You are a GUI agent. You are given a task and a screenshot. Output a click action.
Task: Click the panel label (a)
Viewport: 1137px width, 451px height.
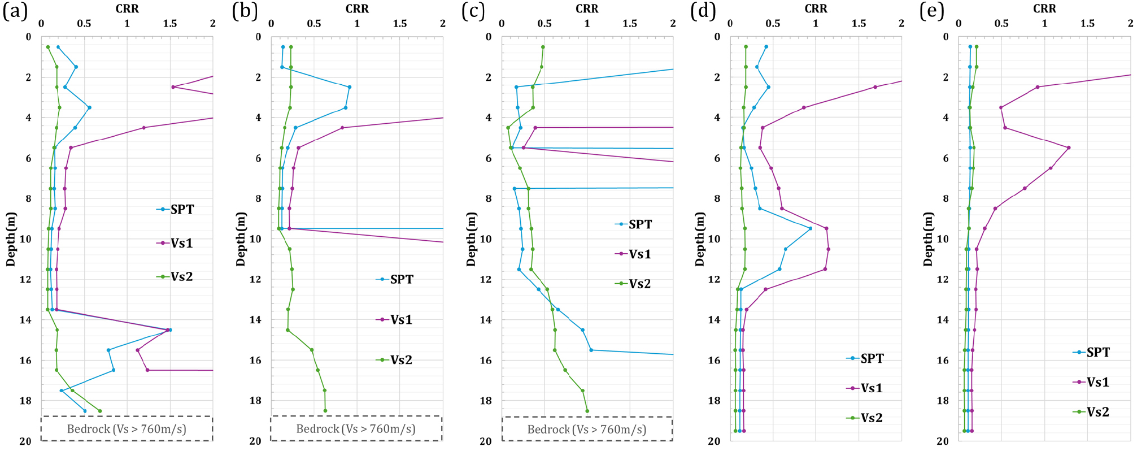tap(15, 11)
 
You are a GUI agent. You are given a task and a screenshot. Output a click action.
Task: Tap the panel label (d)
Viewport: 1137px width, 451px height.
tap(703, 11)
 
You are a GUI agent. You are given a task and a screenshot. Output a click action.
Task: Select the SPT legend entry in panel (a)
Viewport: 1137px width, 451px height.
tap(176, 210)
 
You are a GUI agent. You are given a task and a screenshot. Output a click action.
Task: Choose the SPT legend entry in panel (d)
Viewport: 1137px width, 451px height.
tap(865, 358)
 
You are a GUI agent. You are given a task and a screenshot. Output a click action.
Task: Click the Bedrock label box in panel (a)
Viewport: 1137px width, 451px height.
tap(127, 429)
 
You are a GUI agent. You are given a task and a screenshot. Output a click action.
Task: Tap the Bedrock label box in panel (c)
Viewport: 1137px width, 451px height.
tap(587, 429)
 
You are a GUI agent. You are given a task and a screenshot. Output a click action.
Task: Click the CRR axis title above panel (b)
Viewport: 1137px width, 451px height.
tap(357, 9)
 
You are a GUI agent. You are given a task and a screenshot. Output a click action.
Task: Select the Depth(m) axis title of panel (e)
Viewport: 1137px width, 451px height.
tap(928, 239)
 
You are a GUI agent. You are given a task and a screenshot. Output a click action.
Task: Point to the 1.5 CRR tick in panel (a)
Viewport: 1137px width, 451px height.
tap(170, 24)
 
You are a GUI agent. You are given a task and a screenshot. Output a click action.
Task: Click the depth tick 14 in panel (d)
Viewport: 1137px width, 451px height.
tap(714, 320)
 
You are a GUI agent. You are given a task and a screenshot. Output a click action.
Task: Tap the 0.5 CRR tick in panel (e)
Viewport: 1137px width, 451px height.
tap(1001, 24)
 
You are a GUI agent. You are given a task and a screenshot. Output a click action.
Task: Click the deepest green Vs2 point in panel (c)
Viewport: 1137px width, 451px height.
tap(587, 411)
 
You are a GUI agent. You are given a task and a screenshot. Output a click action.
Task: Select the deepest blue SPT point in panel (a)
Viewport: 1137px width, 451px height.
tap(85, 411)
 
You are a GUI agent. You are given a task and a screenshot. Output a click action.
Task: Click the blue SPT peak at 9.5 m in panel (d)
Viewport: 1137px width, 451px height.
tap(811, 228)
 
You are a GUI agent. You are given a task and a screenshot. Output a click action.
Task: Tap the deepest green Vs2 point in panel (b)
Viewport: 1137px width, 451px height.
tap(325, 411)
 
